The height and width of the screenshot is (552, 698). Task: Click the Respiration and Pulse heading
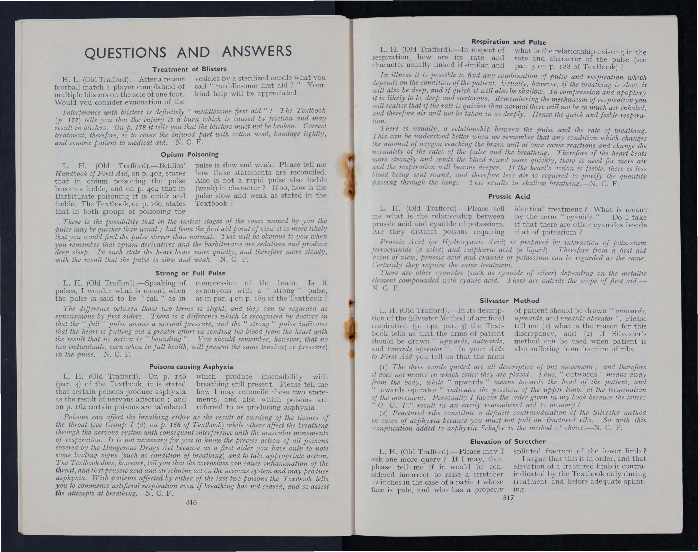[509, 42]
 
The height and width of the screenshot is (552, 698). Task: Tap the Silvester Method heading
[509, 301]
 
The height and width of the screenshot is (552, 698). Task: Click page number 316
[191, 511]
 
